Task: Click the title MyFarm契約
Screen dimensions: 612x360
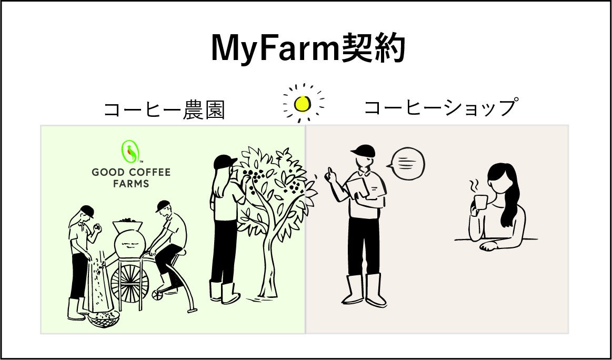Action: (308, 49)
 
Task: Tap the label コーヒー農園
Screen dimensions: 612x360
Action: (164, 110)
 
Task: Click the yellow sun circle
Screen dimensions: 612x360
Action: (303, 104)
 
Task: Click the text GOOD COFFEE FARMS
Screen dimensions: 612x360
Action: (131, 178)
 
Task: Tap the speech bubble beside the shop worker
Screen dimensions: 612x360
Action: (407, 162)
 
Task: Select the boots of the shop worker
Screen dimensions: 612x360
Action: (366, 289)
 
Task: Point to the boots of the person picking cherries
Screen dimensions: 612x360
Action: (224, 291)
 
